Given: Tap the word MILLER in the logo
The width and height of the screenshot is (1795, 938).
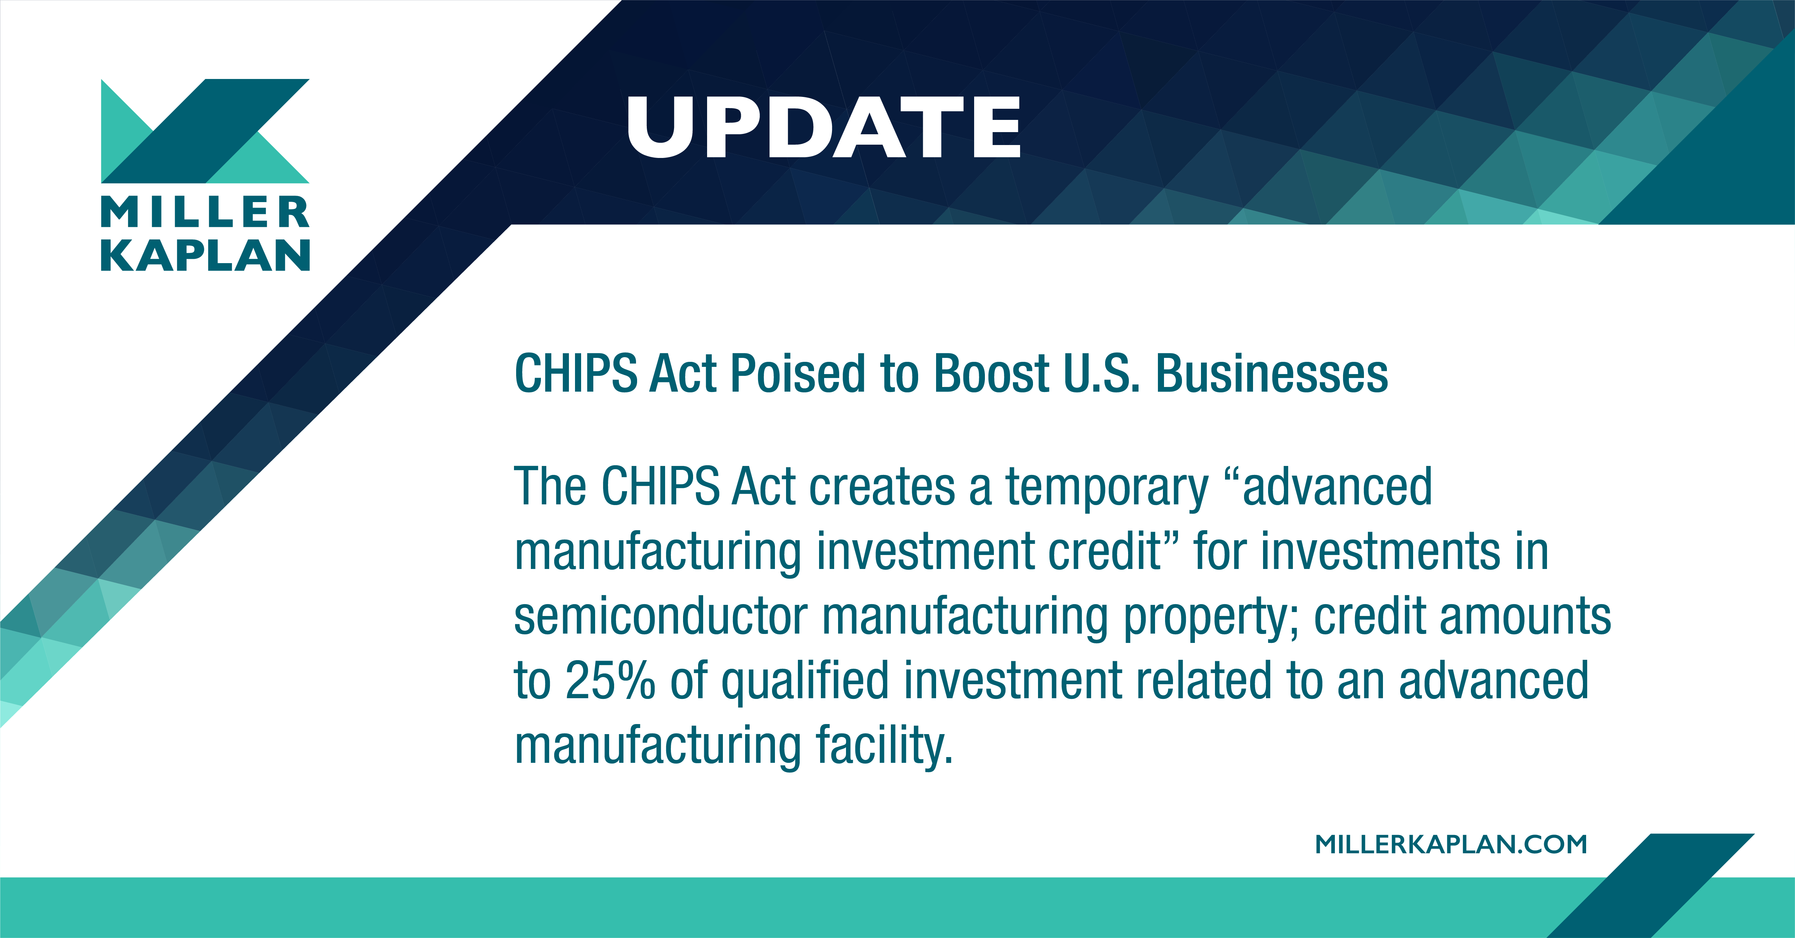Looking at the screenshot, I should [x=205, y=213].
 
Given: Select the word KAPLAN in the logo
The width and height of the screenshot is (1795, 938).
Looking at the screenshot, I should [x=205, y=255].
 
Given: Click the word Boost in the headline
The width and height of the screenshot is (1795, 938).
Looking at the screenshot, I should [x=991, y=374].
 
